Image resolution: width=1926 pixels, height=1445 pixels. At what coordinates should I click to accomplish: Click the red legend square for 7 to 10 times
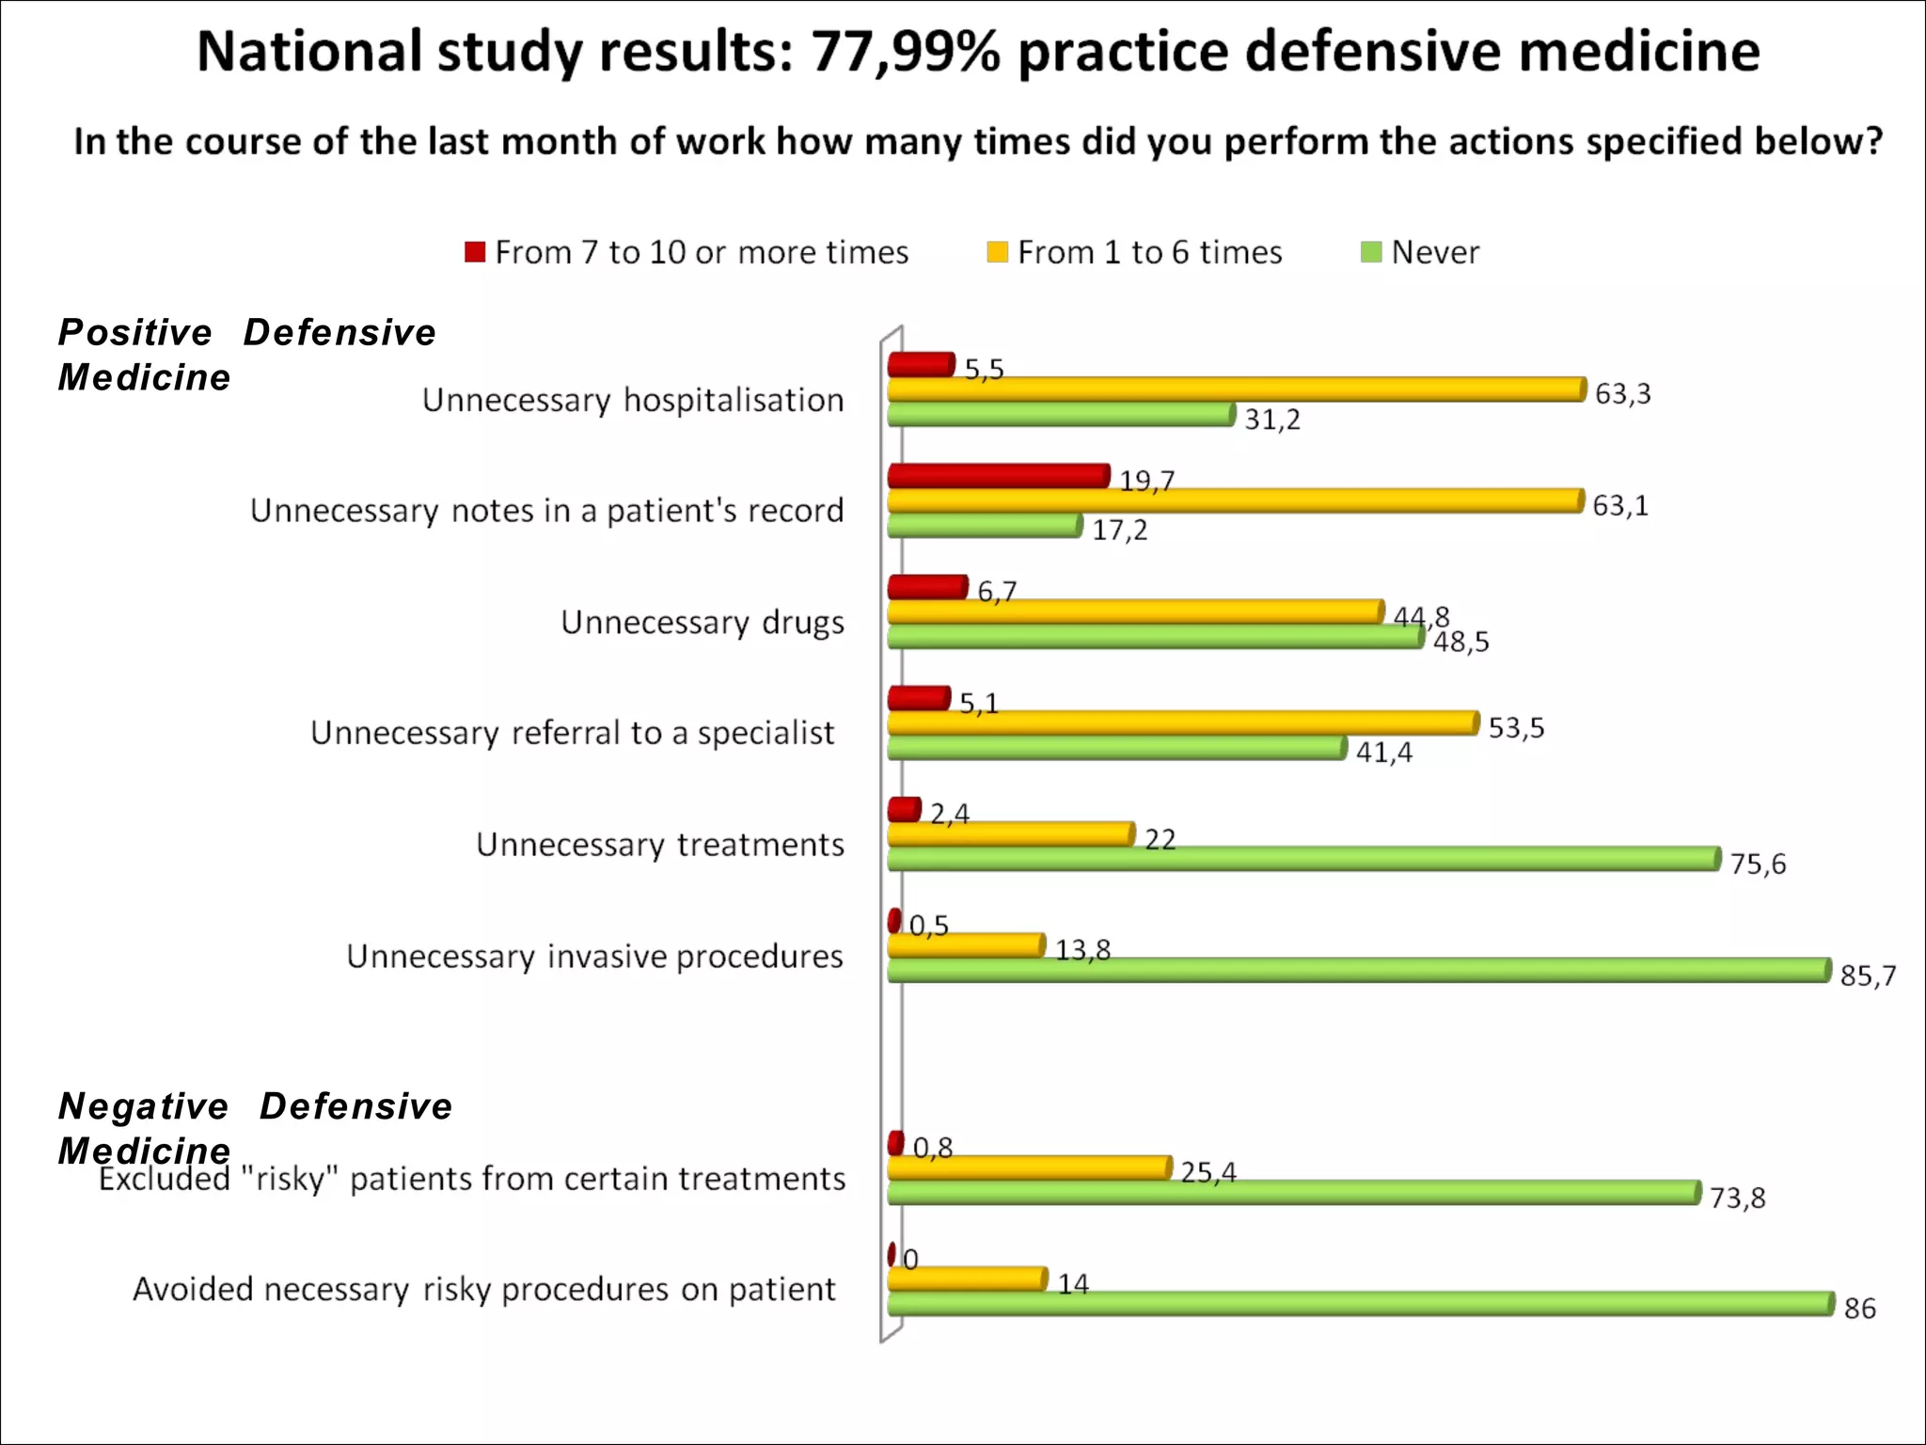(x=475, y=252)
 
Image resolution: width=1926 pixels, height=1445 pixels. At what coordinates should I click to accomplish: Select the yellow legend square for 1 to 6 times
(x=997, y=252)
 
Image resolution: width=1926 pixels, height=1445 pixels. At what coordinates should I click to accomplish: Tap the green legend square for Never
(x=1371, y=252)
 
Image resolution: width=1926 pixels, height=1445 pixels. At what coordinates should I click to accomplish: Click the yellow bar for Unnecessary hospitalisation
(x=1236, y=389)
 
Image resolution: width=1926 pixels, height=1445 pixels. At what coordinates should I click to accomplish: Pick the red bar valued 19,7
(x=998, y=476)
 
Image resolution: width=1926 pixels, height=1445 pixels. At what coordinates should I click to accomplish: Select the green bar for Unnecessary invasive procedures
(x=1358, y=970)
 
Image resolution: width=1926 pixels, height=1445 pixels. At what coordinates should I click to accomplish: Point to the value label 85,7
(x=1868, y=977)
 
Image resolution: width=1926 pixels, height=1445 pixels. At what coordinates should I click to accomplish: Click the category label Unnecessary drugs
(x=703, y=622)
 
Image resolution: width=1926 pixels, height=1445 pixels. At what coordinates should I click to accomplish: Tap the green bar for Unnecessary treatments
(x=1303, y=859)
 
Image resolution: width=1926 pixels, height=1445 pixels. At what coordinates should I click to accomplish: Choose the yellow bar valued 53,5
(x=1182, y=722)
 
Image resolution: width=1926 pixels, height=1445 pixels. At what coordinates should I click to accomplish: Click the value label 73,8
(x=1737, y=1199)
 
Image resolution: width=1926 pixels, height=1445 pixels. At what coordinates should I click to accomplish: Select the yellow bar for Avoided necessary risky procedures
(x=967, y=1279)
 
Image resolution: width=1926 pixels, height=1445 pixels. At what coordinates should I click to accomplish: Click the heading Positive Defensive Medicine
(x=246, y=355)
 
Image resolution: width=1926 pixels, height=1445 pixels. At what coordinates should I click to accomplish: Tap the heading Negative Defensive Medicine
(x=254, y=1127)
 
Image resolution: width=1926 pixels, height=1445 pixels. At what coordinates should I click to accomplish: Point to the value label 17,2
(x=1119, y=531)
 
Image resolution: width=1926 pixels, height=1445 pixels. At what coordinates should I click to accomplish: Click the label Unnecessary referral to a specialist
(x=572, y=733)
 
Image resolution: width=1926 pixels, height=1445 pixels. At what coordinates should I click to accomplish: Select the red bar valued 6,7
(x=927, y=588)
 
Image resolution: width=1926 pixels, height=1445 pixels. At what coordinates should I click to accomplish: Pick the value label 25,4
(x=1208, y=1172)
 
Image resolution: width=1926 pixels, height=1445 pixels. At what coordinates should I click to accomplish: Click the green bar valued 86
(x=1360, y=1303)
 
